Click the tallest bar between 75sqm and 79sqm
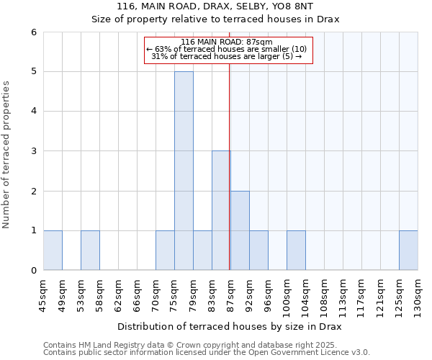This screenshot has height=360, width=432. click(x=184, y=171)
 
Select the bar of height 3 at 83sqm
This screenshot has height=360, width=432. click(x=221, y=210)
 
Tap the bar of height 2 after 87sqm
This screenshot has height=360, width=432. click(x=240, y=230)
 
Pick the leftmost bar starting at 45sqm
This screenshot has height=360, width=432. click(x=53, y=251)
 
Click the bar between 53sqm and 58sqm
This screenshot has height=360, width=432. click(x=90, y=251)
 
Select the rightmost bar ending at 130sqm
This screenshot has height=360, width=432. click(x=408, y=251)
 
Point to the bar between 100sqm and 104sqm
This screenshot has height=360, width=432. click(x=296, y=251)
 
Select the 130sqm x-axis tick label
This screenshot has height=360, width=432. click(x=418, y=295)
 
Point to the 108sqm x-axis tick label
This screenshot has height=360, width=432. click(x=325, y=295)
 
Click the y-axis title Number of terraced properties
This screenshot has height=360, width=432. click(x=6, y=155)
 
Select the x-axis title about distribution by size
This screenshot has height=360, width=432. click(x=230, y=326)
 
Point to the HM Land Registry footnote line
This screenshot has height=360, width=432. click(x=184, y=345)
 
